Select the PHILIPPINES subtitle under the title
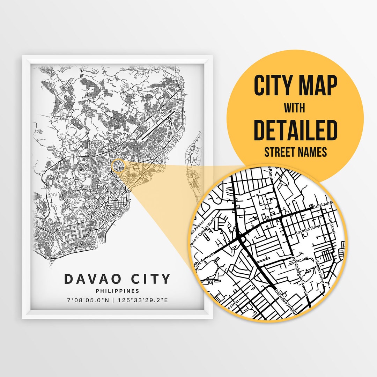[117, 291]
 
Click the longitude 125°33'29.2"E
[142, 300]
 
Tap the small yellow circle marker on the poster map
[117, 165]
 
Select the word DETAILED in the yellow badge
[295, 130]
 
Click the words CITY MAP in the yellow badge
[295, 86]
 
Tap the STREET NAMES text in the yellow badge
[295, 152]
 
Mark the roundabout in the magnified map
[241, 239]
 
